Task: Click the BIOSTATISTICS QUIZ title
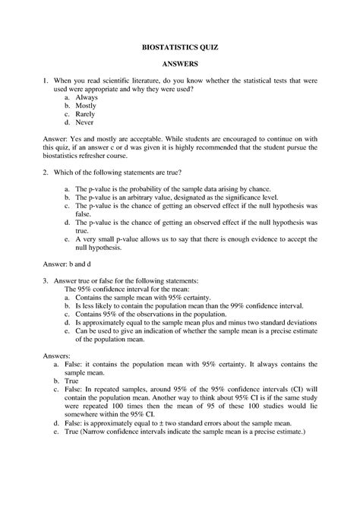coord(180,47)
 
